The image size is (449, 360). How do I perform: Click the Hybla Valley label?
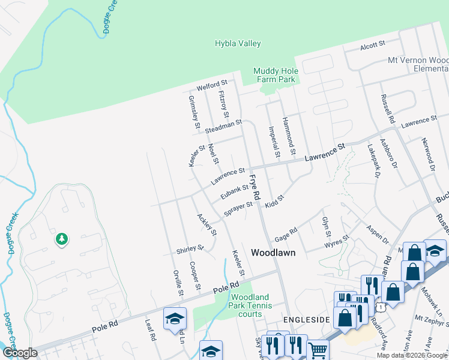(238, 43)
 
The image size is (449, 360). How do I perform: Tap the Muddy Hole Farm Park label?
(276, 74)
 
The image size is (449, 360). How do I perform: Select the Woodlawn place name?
(273, 253)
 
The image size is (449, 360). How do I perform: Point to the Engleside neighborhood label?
(307, 320)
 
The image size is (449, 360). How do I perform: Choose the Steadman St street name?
(223, 127)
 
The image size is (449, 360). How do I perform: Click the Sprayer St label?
(238, 209)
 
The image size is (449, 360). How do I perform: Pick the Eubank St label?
(234, 191)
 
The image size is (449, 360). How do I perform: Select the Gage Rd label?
(286, 233)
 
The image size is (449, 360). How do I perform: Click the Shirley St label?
(190, 248)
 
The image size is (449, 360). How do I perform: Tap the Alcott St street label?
(372, 45)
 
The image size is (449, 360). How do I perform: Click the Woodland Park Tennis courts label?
(255, 305)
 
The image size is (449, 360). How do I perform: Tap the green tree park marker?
(61, 239)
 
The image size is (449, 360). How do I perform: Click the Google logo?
(20, 353)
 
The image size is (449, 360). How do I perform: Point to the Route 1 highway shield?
(379, 307)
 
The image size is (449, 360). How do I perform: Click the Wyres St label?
(337, 242)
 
